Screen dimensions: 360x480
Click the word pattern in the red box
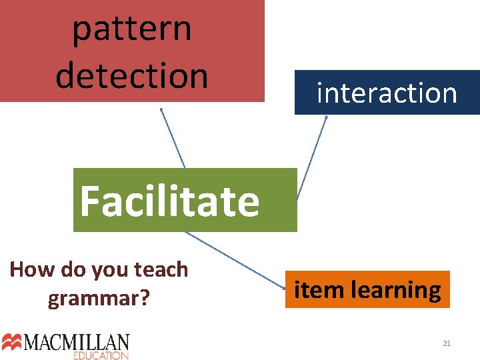tap(131, 29)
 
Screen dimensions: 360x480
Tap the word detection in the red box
tap(131, 75)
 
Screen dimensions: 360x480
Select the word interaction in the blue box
tap(387, 93)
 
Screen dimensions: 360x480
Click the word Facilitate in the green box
tap(169, 201)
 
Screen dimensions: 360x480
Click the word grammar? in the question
tap(98, 298)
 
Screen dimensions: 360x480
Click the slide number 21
tap(447, 343)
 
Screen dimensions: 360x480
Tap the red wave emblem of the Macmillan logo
tap(12, 342)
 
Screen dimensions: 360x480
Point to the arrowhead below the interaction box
tap(327, 117)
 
